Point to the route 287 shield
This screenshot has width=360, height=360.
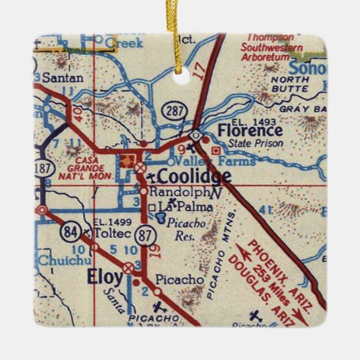[x=175, y=111]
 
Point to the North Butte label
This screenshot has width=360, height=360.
[x=289, y=83]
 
